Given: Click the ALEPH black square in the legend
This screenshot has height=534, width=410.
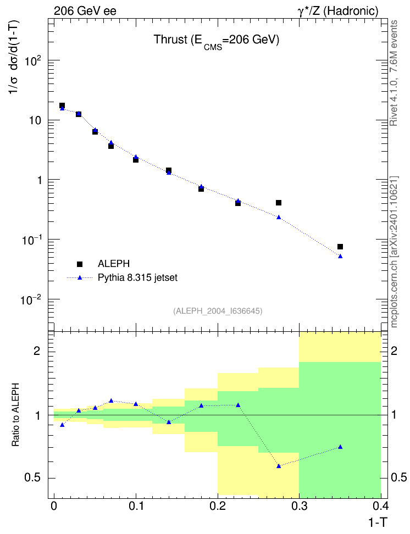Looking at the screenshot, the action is tap(80, 264).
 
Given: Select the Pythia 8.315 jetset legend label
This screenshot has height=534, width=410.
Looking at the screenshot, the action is tap(138, 278).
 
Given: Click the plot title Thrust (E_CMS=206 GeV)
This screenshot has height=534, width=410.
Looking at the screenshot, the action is tap(217, 41).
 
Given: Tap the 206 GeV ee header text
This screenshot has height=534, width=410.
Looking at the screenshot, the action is tap(85, 11).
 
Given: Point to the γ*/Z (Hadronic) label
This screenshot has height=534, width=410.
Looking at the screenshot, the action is tap(338, 11).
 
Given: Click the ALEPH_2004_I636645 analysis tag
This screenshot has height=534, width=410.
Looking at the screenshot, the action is tap(218, 311).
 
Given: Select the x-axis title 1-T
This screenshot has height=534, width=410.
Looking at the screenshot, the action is tap(378, 522).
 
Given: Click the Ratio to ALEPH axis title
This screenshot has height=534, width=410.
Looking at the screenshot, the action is tap(15, 415).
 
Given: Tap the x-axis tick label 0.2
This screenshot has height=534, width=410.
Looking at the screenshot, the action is tap(218, 506).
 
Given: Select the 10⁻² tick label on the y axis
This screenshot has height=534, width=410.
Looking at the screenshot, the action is tap(31, 300).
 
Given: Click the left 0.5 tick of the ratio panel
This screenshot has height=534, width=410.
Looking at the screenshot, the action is tap(32, 478).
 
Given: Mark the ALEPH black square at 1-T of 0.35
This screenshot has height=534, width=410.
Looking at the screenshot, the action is tap(340, 247).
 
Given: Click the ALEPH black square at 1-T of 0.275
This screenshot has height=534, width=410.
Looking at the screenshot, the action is tap(279, 203).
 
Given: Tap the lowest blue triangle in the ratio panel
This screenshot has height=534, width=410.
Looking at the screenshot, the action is tap(279, 466).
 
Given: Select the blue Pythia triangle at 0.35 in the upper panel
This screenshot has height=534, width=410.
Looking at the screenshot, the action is tap(340, 256).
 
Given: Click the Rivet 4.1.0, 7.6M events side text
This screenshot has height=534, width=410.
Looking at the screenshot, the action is tap(394, 73).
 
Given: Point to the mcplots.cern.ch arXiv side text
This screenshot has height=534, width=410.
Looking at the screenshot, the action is tap(394, 252).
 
